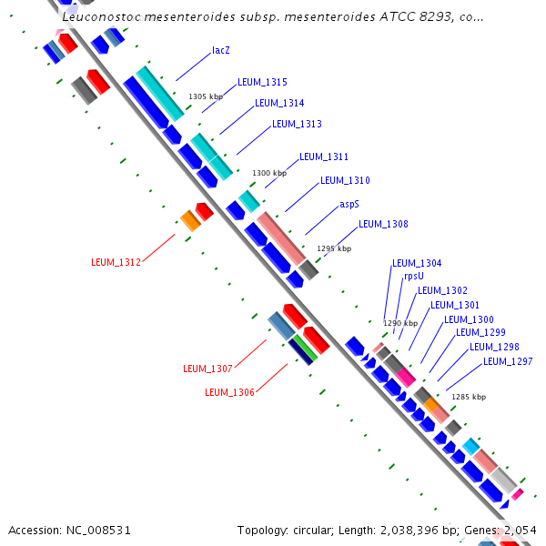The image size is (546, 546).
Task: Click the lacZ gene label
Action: point(221,50)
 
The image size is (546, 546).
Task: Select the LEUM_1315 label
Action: point(262,82)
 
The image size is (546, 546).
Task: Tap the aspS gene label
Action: point(349,204)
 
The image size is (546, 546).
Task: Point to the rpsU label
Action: point(414,276)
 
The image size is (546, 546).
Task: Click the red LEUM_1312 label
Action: point(116,262)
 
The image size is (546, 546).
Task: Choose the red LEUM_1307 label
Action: point(207,369)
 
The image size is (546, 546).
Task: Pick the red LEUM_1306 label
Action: point(229,392)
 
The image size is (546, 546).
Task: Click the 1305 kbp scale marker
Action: point(206,96)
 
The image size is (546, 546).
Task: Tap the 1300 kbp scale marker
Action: point(269,173)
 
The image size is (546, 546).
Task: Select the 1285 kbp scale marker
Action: point(469,397)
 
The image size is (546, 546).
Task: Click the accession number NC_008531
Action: point(98,531)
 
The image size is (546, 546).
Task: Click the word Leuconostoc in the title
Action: point(102,16)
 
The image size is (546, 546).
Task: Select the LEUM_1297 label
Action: point(508,361)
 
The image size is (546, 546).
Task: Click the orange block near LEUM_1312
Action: point(190,221)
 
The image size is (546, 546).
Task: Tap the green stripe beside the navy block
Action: point(305,348)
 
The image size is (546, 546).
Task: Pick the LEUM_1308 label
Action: point(383,224)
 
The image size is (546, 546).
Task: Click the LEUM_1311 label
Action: point(324,157)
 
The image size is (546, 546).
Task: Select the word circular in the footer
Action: point(313,531)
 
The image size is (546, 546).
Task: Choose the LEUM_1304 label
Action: point(417,263)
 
